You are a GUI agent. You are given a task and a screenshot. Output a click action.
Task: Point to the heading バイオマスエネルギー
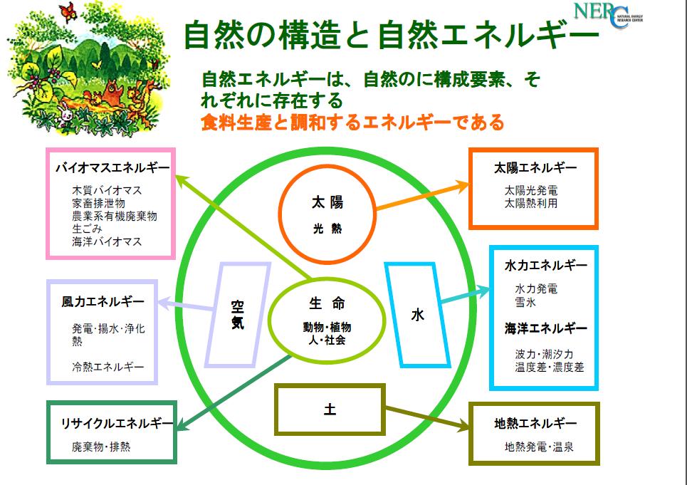tap(112, 168)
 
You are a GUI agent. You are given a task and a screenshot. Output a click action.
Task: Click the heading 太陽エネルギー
tap(535, 168)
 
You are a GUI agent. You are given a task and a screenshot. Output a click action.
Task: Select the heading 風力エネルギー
tap(103, 302)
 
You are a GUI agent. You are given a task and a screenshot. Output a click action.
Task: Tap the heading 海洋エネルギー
tap(545, 328)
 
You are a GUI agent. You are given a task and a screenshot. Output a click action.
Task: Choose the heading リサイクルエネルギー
tap(117, 423)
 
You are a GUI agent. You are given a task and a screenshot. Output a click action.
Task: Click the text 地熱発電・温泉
tap(539, 447)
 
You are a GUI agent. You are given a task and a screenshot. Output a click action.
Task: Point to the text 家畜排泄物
tap(98, 203)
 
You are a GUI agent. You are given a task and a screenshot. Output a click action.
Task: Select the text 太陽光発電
tap(531, 191)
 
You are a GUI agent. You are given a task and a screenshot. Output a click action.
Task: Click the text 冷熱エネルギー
tap(108, 367)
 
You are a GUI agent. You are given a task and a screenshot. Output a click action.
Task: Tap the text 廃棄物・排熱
tap(101, 447)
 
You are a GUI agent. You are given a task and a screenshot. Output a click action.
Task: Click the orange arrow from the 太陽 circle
tap(423, 197)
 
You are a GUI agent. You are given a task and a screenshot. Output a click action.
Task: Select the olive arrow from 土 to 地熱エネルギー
tap(427, 418)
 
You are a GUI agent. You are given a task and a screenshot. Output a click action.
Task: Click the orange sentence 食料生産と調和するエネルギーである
tap(352, 122)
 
